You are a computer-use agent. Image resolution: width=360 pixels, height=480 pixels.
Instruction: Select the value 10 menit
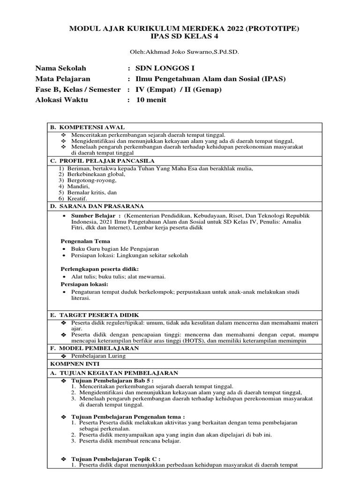151,100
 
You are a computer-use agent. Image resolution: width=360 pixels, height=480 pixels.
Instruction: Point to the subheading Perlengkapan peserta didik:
100,269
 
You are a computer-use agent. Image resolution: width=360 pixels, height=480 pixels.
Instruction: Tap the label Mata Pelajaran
63,79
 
